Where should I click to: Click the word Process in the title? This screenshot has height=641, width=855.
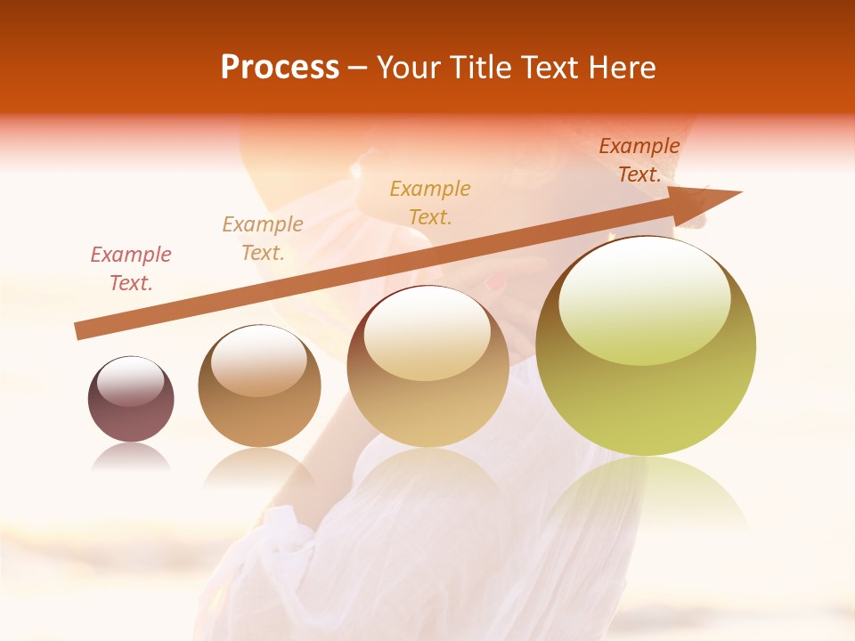coord(280,68)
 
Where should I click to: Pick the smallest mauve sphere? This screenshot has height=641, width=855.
coord(131,399)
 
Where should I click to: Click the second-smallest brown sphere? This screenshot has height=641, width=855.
coord(259,385)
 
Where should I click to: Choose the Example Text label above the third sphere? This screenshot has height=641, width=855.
coord(430,203)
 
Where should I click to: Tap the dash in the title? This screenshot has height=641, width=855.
coord(358,68)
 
